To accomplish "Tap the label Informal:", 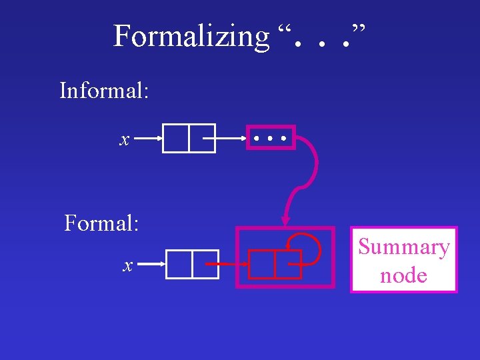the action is click(104, 90).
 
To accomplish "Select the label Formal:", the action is click(101, 222).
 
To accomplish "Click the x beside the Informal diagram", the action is click(124, 139).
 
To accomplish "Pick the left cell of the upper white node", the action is click(175, 139).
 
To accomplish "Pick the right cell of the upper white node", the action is click(201, 139).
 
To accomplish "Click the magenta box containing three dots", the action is click(271, 138).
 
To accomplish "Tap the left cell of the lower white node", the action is click(179, 264).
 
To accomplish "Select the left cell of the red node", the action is click(261, 264).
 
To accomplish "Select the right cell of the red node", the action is click(287, 264).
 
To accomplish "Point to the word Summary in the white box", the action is click(404, 247).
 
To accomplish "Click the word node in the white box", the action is click(403, 274).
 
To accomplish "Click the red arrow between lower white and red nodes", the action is click(227, 265).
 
